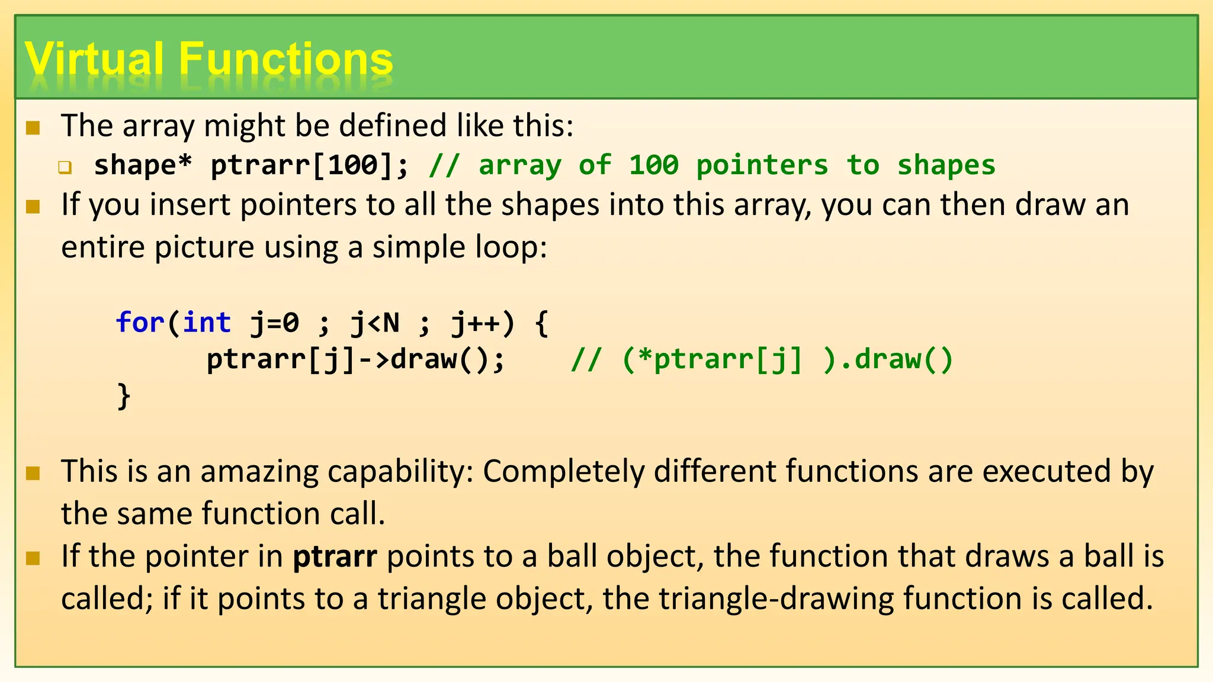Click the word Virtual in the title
pos(94,59)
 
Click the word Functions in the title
pos(285,59)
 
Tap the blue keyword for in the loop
pos(140,323)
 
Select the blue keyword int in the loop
pos(207,323)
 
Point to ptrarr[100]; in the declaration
pos(310,165)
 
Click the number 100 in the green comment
pos(653,165)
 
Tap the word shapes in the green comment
pos(946,165)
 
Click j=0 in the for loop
pos(275,323)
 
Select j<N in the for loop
pos(375,323)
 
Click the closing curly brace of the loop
pos(124,395)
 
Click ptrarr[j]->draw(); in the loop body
pos(355,359)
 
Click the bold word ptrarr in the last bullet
pos(335,557)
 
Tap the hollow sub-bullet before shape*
pos(65,168)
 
